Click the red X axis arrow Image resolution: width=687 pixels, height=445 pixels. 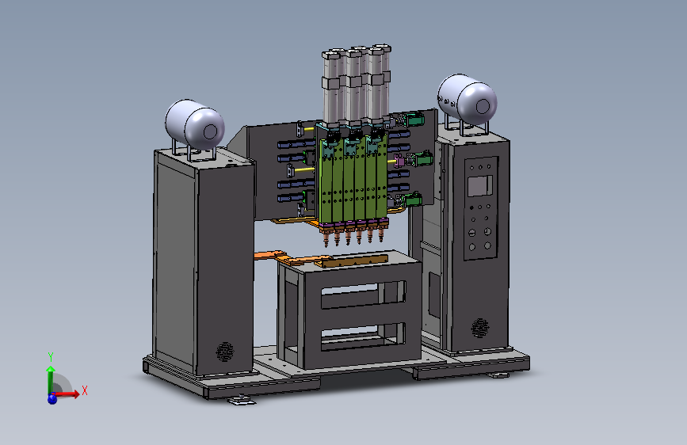pos(66,394)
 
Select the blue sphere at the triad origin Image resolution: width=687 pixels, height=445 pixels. pos(52,398)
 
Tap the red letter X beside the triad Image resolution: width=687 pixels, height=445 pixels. pos(85,390)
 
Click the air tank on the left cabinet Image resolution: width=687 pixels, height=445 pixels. pos(195,124)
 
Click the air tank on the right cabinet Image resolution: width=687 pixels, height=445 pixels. pos(467,99)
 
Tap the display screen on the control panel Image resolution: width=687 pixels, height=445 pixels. pos(479,186)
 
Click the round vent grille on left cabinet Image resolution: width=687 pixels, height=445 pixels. pos(225,352)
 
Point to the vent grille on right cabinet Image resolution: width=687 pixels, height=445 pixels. pos(480,328)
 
